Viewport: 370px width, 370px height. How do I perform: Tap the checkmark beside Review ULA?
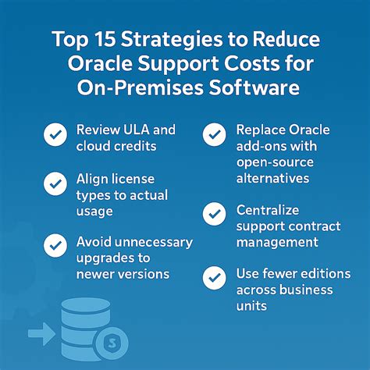tap(55, 136)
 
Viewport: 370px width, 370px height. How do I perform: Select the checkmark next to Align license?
tap(55, 185)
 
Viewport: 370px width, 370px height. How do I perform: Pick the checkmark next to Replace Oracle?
tap(214, 135)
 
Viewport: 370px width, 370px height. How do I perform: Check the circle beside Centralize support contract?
tap(214, 213)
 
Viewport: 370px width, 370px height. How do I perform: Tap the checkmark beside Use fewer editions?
tap(214, 276)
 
